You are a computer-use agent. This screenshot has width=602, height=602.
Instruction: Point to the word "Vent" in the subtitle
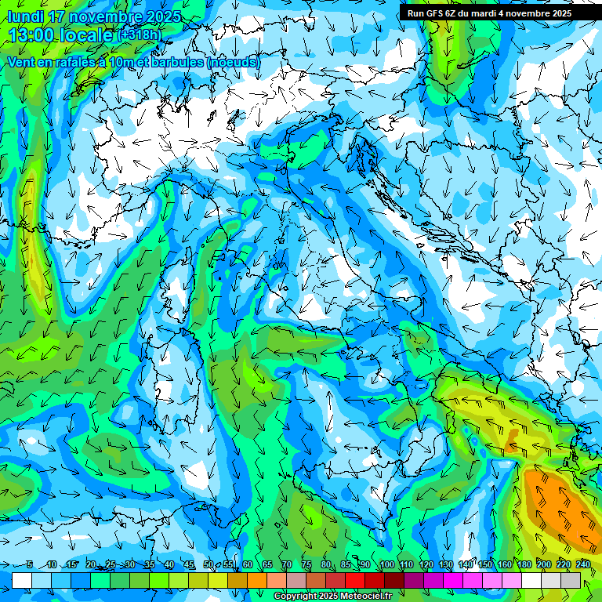[x=24, y=62]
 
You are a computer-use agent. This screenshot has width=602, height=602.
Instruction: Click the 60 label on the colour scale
[x=248, y=564]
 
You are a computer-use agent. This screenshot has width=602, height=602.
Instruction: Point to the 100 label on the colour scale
[x=386, y=564]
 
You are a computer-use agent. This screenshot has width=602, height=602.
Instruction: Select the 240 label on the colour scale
[x=583, y=564]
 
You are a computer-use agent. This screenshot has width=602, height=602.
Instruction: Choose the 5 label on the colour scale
[x=30, y=564]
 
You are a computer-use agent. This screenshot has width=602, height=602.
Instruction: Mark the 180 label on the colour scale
[x=524, y=564]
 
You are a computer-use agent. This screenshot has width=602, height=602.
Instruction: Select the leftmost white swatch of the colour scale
[x=22, y=580]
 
